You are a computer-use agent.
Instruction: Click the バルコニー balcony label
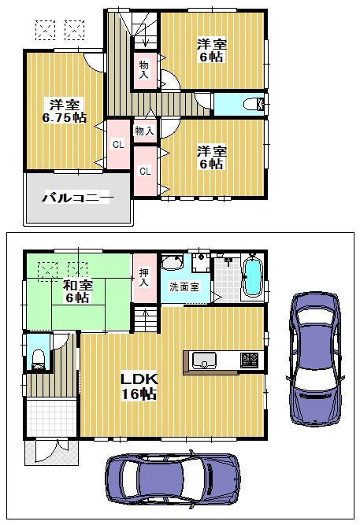tap(76, 197)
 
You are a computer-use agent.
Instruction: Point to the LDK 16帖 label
tap(138, 386)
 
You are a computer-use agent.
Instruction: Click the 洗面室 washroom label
tap(185, 287)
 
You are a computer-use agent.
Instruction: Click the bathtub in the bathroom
tap(252, 278)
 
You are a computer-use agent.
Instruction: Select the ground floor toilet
tap(36, 359)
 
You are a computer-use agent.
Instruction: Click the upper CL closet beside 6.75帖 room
tap(117, 144)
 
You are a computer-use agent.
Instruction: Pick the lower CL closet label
tap(145, 171)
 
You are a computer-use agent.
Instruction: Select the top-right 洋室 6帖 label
tap(210, 51)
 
